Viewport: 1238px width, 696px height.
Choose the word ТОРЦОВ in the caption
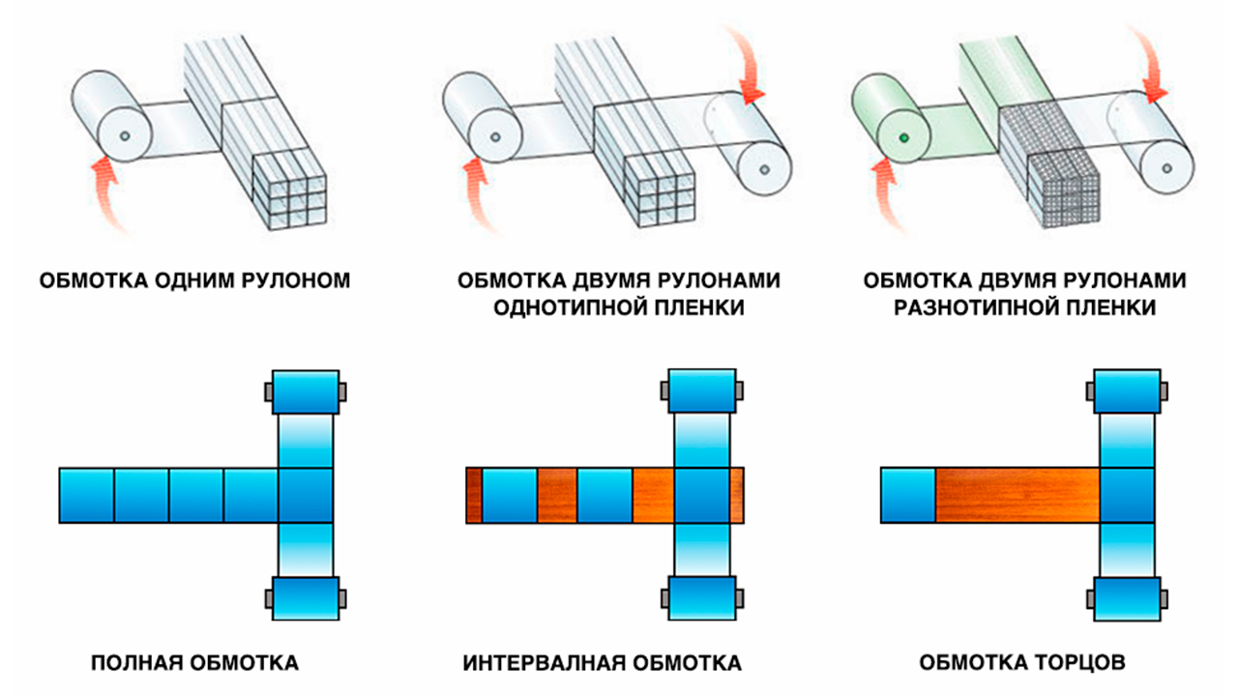(x=1075, y=664)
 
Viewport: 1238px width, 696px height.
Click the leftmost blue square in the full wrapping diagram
(x=86, y=495)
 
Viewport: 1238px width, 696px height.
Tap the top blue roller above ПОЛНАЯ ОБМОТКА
(x=306, y=392)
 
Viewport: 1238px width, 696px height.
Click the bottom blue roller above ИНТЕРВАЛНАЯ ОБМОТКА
(x=702, y=599)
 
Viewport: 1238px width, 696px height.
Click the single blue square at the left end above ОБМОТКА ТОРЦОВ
(x=907, y=495)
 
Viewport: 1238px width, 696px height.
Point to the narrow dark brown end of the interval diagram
(x=474, y=495)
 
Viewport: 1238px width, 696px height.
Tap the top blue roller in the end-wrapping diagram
(x=1126, y=392)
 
